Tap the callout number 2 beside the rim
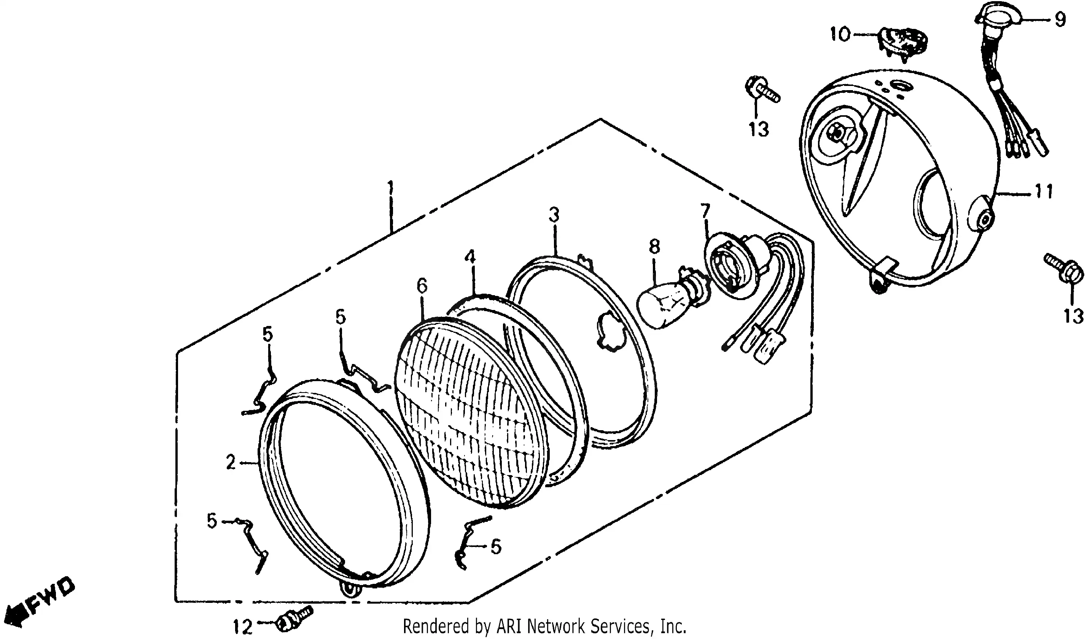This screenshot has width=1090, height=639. (231, 463)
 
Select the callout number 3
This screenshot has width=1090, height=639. (554, 215)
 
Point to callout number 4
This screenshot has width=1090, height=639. (470, 258)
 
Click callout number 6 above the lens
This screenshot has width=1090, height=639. (422, 286)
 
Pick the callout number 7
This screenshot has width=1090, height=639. (705, 211)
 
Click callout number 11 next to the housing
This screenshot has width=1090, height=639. (1044, 191)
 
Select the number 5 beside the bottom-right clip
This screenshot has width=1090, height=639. (496, 547)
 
